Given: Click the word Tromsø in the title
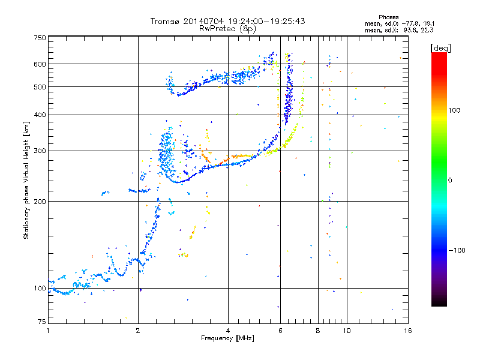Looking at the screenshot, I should (x=164, y=21).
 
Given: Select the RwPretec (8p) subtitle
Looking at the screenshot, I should (x=227, y=28).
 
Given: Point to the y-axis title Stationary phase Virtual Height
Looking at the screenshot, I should (x=26, y=179).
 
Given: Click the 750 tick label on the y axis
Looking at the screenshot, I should (x=40, y=38).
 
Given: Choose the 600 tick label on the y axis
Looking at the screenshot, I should (x=40, y=64).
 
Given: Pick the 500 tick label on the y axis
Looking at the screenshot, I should (x=40, y=86).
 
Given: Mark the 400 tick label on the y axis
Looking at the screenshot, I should (x=40, y=115).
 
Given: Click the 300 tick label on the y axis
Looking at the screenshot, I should (x=40, y=151).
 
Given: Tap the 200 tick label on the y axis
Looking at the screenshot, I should (x=40, y=201).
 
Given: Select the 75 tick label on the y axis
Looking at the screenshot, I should (x=41, y=321).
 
